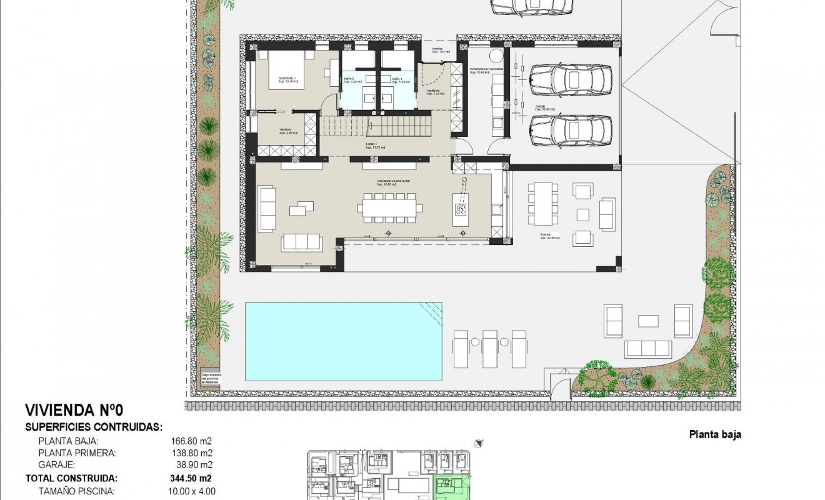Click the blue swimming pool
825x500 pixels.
coord(343,341)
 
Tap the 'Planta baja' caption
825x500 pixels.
coord(715,435)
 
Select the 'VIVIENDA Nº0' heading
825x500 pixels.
coord(74,411)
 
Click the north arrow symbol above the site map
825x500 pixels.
coord(479,442)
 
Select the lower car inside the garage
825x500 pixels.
coord(570,129)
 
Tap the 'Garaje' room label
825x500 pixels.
coord(539,106)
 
